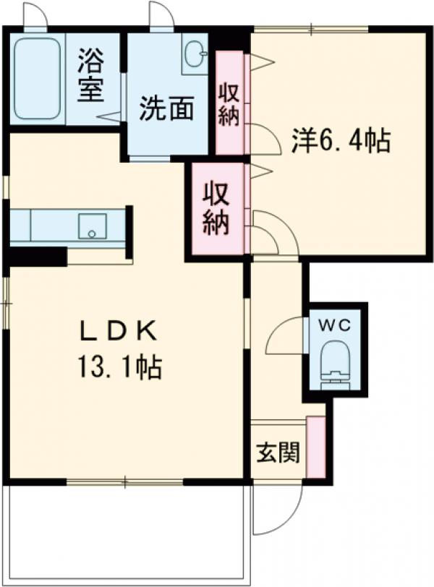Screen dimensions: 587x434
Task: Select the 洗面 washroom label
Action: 167,109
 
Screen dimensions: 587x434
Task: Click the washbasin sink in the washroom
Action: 195,55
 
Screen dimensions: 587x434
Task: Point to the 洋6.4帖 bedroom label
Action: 341,140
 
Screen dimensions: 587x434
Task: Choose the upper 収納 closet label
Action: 229,105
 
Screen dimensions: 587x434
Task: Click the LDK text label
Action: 119,331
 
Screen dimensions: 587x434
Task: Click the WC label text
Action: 336,325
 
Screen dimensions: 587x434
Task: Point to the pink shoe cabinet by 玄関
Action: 315,447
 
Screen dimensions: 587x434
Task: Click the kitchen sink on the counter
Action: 92,225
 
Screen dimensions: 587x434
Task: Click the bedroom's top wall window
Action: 311,30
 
